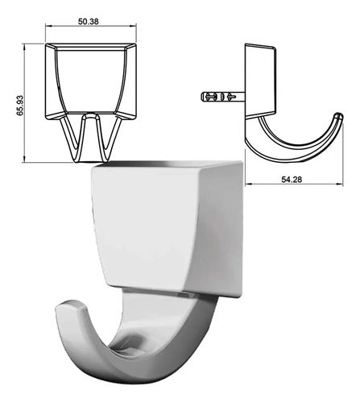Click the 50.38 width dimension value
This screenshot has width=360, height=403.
(x=89, y=22)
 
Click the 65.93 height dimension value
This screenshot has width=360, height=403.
(x=20, y=106)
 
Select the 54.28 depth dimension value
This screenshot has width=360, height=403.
(x=292, y=179)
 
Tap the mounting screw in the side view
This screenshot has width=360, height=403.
(x=223, y=97)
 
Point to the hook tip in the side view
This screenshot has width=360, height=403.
(x=339, y=116)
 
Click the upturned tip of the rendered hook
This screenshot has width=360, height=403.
(x=70, y=307)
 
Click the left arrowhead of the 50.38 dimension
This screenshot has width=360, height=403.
(x=48, y=26)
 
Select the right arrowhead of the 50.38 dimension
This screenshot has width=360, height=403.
(x=134, y=26)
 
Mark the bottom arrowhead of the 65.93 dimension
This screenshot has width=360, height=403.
(x=24, y=159)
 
